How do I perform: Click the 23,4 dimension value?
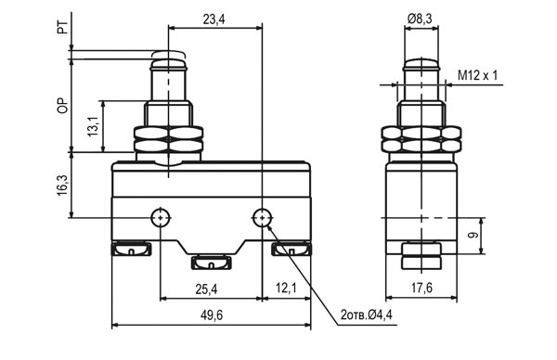214,19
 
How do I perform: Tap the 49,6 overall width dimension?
212,315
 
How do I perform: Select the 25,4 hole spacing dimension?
206,289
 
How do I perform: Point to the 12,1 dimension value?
286,289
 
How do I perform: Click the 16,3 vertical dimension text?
62,185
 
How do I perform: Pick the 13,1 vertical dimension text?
93,126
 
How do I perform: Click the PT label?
62,27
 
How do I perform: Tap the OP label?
62,106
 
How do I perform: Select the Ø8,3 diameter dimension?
420,19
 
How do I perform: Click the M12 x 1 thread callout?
477,75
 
